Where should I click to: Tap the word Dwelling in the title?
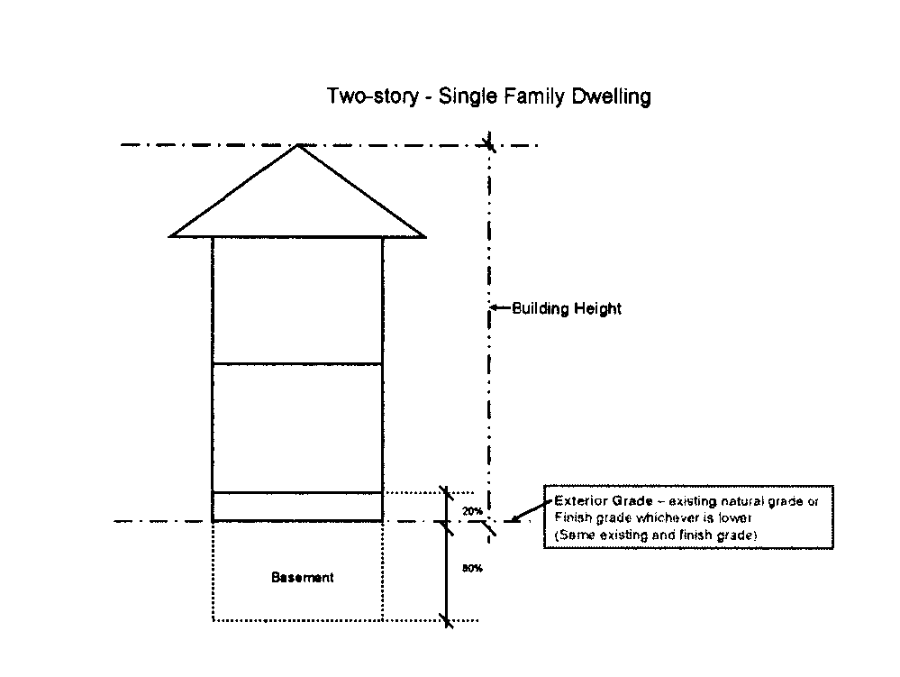612,96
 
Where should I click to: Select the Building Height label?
567,309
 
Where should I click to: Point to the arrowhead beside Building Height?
495,309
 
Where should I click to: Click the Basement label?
302,577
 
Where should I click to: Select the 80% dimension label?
471,569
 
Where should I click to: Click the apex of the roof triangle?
297,145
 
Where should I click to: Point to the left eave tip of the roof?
171,237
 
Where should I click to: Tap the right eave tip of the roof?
424,237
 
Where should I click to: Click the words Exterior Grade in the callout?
595,500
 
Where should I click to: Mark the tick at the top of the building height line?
489,144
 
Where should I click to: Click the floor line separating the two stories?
297,364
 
